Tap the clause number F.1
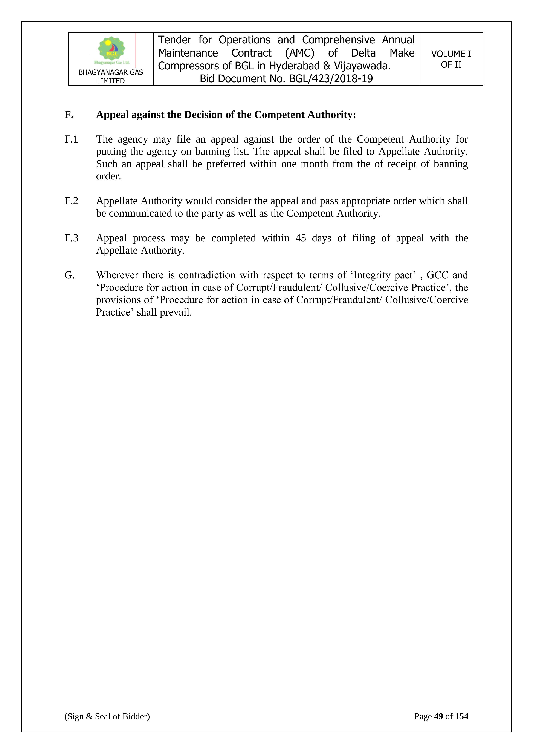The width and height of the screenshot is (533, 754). [71, 139]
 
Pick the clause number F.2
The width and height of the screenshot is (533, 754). [71, 201]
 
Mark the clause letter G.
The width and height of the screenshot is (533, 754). [69, 275]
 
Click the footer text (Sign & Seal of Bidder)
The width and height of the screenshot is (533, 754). [107, 716]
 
